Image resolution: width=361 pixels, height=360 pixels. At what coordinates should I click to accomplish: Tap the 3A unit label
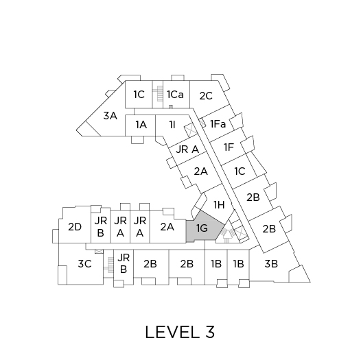point(110,116)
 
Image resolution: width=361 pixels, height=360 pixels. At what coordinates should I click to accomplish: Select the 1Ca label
point(175,95)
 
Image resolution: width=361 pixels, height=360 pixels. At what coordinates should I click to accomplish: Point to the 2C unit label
point(206,96)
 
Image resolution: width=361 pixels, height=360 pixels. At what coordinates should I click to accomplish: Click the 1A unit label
point(141,125)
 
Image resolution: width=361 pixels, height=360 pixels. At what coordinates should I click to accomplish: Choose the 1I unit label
point(172,125)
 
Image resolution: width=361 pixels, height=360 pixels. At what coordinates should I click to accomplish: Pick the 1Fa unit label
point(218,124)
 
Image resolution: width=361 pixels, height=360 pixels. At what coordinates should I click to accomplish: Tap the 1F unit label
point(229,147)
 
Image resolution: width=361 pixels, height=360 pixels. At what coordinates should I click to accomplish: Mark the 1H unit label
point(219,204)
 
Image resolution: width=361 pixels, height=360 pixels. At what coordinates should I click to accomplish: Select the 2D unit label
point(75,227)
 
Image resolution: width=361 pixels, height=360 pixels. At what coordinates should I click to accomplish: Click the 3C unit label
point(84,263)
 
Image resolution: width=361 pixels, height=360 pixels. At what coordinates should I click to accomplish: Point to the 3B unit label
point(271,263)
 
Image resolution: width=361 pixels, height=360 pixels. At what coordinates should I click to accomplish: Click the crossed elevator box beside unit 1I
point(191,131)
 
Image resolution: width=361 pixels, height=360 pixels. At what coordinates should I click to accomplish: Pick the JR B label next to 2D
point(101,227)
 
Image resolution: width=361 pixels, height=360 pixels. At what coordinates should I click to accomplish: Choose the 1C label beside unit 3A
point(139,95)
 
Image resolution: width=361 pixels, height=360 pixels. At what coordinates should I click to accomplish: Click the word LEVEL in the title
point(172,332)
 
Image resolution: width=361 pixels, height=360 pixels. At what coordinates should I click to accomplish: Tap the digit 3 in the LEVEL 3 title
point(209,332)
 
